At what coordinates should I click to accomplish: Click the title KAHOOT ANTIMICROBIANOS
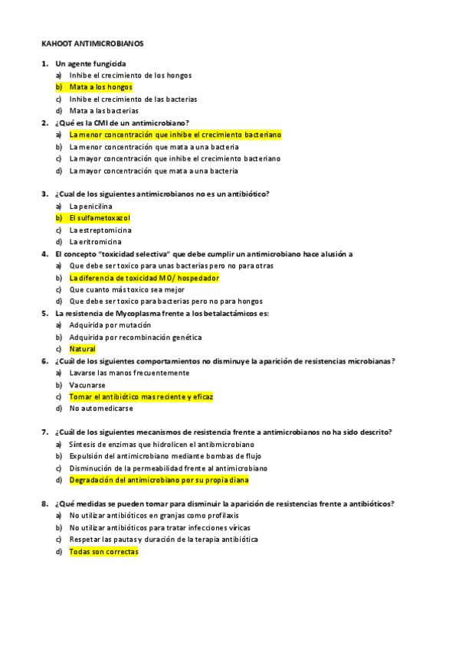[x=92, y=44]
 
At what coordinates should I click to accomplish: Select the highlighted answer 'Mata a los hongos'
[x=100, y=87]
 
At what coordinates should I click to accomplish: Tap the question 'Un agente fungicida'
[x=90, y=64]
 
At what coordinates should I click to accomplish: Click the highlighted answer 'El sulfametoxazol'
[x=100, y=218]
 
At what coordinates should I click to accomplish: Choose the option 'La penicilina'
[x=90, y=207]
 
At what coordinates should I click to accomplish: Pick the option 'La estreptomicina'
[x=100, y=230]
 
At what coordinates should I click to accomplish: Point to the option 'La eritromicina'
[x=95, y=242]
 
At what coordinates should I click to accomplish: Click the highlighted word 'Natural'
[x=82, y=349]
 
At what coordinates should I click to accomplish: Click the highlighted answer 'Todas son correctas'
[x=103, y=551]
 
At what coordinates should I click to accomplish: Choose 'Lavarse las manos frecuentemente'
[x=129, y=373]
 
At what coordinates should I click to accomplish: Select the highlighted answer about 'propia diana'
[x=159, y=480]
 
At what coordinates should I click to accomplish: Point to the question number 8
[x=44, y=504]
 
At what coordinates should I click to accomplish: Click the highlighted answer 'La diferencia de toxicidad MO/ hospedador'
[x=144, y=278]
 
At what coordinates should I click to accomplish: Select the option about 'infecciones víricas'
[x=159, y=527]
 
